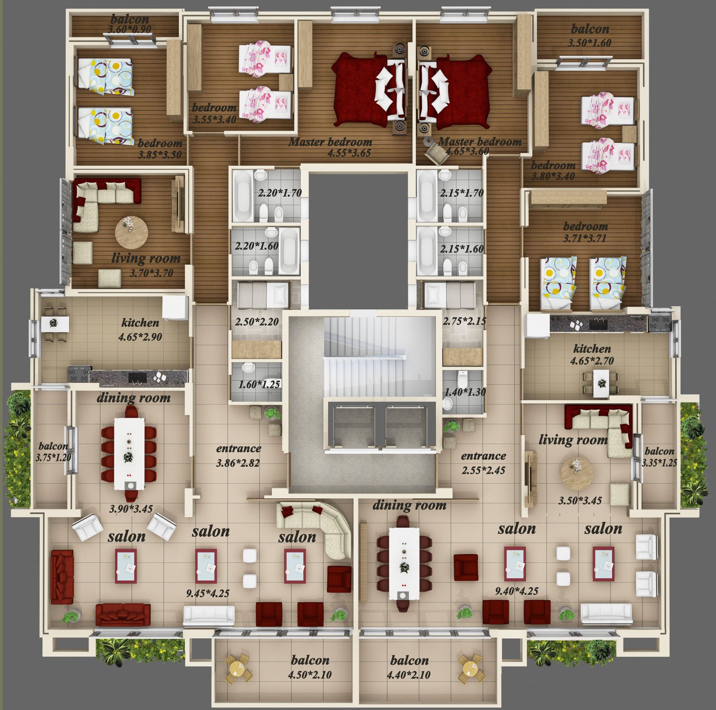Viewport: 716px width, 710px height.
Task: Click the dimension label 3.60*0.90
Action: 130,30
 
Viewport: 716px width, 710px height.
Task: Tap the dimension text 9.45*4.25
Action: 208,594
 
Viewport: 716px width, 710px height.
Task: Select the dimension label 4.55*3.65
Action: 349,153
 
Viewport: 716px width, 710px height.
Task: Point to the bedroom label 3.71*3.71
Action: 585,238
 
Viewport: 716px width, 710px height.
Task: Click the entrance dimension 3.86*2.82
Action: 238,463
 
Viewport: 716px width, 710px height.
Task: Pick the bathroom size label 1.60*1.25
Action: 259,384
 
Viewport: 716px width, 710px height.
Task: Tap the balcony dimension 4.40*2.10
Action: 409,675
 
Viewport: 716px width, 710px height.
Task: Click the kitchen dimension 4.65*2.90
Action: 140,337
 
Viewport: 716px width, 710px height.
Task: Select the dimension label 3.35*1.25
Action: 659,463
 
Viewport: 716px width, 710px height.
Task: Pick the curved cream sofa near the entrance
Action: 319,526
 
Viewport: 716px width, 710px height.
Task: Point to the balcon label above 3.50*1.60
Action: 590,30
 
